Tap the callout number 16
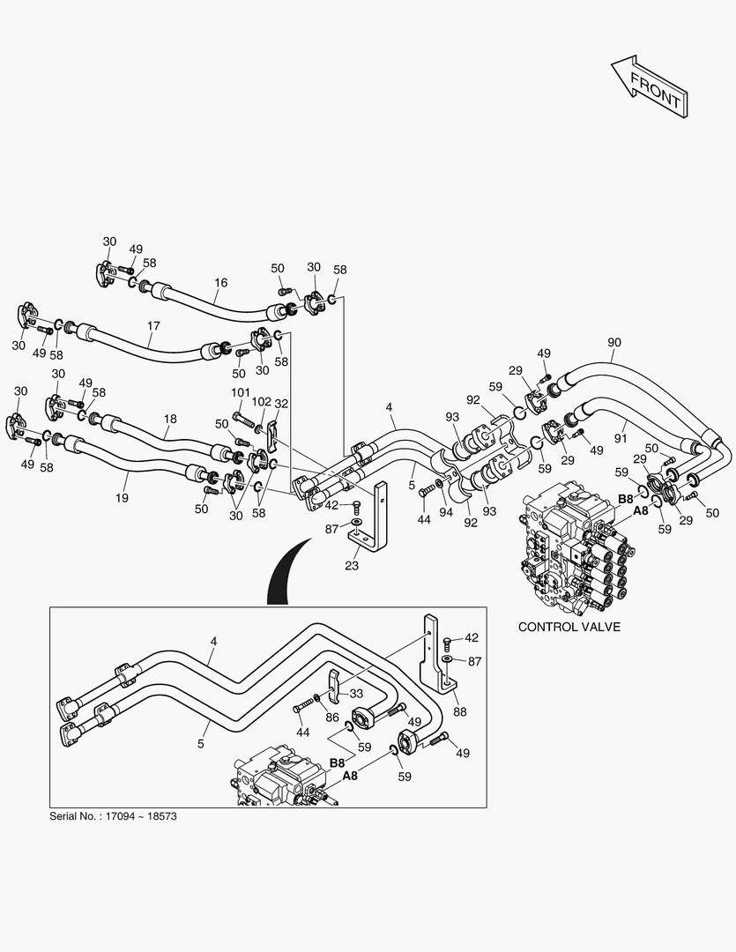pyautogui.click(x=220, y=283)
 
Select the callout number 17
pyautogui.click(x=153, y=326)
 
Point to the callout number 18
pyautogui.click(x=170, y=420)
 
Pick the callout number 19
pyautogui.click(x=122, y=498)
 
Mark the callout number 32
pyautogui.click(x=282, y=403)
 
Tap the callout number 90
pyautogui.click(x=614, y=342)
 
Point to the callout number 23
pyautogui.click(x=352, y=566)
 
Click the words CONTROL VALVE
pyautogui.click(x=569, y=627)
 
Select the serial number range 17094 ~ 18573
pyautogui.click(x=141, y=816)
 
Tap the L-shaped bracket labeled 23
pyautogui.click(x=381, y=520)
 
